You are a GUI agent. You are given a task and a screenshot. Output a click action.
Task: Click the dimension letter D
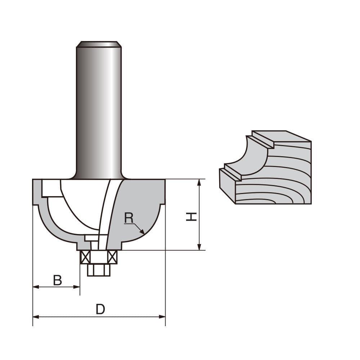[100, 309]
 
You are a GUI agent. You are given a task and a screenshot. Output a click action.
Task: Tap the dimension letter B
[58, 280]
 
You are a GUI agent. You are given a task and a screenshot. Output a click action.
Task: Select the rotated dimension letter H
[191, 216]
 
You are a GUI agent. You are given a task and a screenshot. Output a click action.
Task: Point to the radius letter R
[129, 217]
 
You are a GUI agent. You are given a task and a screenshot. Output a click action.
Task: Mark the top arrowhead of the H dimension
[199, 182]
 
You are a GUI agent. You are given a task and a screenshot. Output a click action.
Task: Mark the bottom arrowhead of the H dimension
[199, 247]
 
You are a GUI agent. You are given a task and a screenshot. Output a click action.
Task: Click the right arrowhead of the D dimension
[163, 317]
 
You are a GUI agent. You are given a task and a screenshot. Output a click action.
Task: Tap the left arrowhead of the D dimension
[35, 317]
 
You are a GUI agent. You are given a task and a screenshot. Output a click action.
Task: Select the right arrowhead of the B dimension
[77, 287]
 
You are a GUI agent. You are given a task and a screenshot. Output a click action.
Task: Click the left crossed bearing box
[85, 257]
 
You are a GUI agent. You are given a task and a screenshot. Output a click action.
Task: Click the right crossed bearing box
[112, 257]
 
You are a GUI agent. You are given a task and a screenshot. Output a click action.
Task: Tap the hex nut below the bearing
[99, 270]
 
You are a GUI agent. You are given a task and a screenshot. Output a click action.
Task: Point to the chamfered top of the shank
[99, 44]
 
